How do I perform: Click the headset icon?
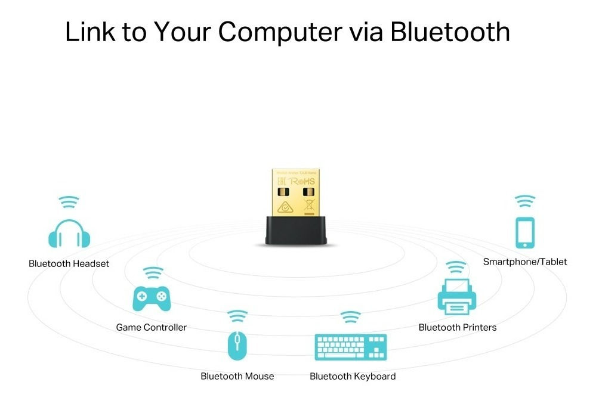click(x=69, y=234)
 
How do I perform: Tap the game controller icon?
click(x=151, y=299)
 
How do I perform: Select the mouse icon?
click(x=237, y=345)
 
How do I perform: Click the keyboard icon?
click(x=351, y=347)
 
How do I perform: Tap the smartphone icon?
click(x=525, y=233)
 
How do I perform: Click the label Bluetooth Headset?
click(x=69, y=263)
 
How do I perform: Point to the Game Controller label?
click(x=151, y=327)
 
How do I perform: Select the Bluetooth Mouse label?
click(x=237, y=376)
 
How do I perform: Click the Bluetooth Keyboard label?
click(x=353, y=376)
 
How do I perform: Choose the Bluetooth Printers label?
click(x=458, y=327)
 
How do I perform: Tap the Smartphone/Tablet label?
click(x=525, y=262)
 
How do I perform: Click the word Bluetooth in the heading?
click(x=450, y=32)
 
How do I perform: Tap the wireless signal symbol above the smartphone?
click(x=525, y=201)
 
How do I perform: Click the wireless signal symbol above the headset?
click(x=69, y=201)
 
